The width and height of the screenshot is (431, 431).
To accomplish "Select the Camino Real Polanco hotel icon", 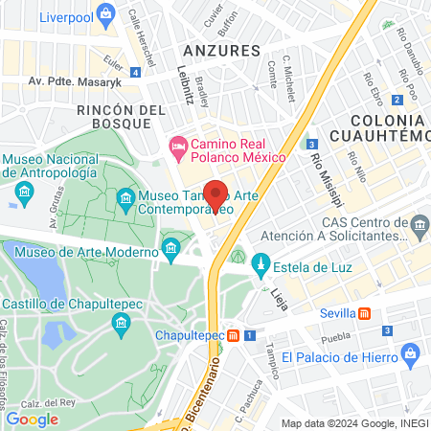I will [x=177, y=147].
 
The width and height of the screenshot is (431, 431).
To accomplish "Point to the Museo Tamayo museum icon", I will [x=125, y=199].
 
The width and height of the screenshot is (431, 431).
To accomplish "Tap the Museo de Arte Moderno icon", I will [x=170, y=251].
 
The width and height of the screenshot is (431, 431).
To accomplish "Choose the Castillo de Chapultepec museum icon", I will [x=122, y=324].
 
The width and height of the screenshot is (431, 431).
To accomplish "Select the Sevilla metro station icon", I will [x=365, y=312].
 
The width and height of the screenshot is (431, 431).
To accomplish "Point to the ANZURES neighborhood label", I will [x=222, y=50].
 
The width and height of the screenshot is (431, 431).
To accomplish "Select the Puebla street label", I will [x=335, y=337].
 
